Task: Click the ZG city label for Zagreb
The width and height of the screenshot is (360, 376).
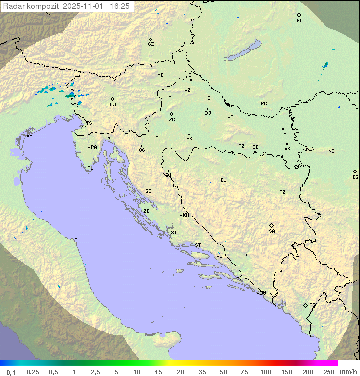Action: point(172,120)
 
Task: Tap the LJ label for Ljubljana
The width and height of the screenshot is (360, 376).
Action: point(113,104)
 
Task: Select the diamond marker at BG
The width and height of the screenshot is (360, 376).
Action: point(355,171)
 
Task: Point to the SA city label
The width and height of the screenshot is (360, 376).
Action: point(272,231)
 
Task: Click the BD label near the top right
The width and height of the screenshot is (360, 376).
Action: point(299,21)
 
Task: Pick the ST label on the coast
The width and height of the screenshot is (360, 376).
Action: point(198,245)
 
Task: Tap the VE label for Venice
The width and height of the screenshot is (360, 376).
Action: point(29,136)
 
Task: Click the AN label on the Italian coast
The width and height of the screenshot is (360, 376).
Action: point(77,240)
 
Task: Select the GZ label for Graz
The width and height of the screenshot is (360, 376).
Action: point(151,44)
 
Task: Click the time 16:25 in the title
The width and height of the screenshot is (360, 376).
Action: point(120,6)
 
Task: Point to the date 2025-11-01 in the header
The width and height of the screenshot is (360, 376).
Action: point(83,6)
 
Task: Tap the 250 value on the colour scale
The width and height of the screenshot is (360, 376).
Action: point(329,372)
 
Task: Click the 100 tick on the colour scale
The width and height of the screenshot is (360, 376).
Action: point(265,372)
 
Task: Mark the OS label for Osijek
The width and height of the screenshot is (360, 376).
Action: point(283,134)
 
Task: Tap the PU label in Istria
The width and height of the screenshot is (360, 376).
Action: point(90,168)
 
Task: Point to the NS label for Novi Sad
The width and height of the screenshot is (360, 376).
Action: point(331,151)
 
